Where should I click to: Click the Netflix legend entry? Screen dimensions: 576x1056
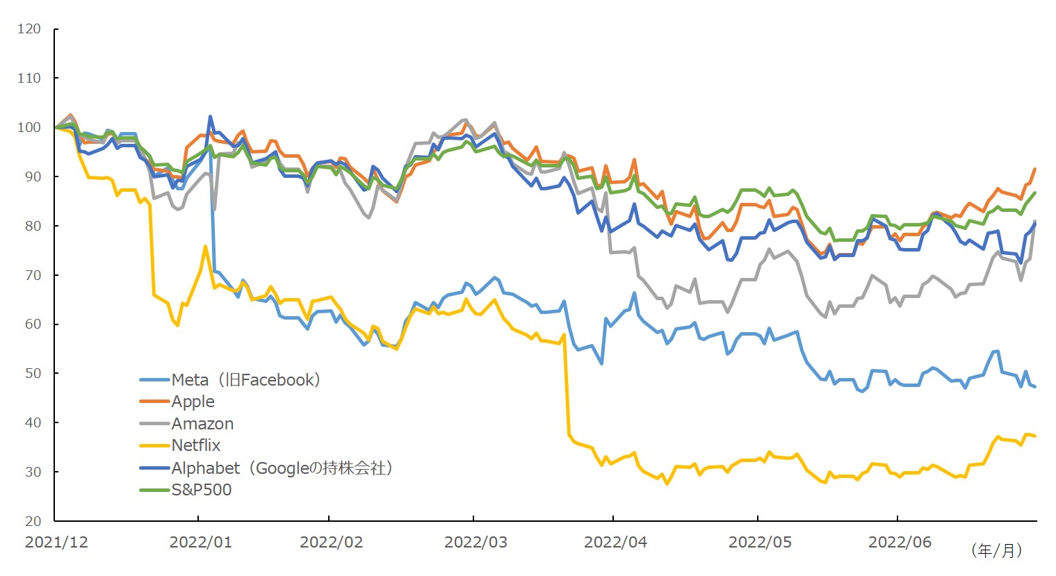click(196, 445)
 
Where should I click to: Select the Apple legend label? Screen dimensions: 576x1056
click(193, 402)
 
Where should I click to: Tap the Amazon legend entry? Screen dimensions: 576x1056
click(202, 424)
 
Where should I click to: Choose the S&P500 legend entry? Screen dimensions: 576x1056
click(202, 490)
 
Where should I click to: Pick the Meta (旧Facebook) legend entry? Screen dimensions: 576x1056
click(245, 380)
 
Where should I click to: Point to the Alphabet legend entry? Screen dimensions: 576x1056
click(282, 468)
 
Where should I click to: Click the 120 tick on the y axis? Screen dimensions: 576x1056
click(29, 29)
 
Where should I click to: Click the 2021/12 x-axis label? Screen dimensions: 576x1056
click(56, 543)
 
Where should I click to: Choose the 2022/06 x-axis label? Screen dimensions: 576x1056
click(900, 543)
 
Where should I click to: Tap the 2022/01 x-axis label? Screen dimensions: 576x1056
click(201, 543)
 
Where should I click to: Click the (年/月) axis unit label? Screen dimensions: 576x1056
click(997, 551)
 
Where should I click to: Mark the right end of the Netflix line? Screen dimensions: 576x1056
click(1035, 436)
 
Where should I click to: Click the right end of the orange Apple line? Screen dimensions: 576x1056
click(1035, 169)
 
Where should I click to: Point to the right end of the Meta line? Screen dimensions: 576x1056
click(1035, 386)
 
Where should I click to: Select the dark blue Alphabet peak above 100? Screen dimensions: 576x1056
click(210, 117)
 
